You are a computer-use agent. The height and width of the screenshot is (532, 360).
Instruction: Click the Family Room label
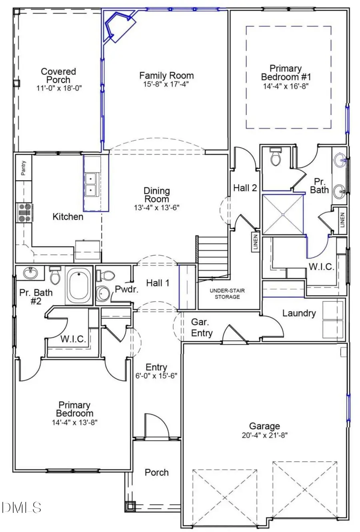pyautogui.click(x=166, y=75)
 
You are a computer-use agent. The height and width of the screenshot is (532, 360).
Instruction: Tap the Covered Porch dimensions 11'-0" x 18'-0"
pyautogui.click(x=58, y=88)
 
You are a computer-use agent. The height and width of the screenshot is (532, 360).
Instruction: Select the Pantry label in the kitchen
pyautogui.click(x=24, y=168)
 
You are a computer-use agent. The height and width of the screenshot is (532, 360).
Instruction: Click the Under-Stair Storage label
pyautogui.click(x=227, y=293)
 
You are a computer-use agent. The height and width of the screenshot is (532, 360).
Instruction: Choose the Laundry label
pyautogui.click(x=299, y=313)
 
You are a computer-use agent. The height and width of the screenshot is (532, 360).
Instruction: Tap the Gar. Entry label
pyautogui.click(x=202, y=327)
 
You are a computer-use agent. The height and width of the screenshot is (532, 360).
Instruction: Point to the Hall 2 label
pyautogui.click(x=245, y=188)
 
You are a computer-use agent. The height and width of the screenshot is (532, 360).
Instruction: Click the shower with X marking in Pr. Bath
pyautogui.click(x=282, y=215)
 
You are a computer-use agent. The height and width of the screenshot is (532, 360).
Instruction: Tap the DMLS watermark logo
pyautogui.click(x=21, y=508)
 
